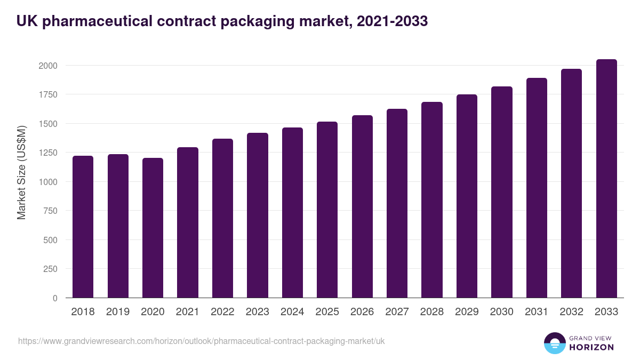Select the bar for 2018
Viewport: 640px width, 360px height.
pyautogui.click(x=83, y=227)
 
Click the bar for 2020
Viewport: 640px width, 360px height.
pyautogui.click(x=153, y=228)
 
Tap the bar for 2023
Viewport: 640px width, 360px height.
pyautogui.click(x=257, y=215)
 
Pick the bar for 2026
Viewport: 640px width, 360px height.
pyautogui.click(x=362, y=206)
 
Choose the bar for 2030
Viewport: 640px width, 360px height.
pyautogui.click(x=502, y=192)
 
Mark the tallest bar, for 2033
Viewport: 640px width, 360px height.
pyautogui.click(x=606, y=179)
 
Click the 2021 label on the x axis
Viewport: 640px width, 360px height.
pyautogui.click(x=187, y=312)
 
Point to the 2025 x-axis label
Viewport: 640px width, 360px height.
pyautogui.click(x=327, y=312)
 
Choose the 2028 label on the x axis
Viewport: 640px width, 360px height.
pyautogui.click(x=431, y=312)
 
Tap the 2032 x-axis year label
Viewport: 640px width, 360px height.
pyautogui.click(x=571, y=312)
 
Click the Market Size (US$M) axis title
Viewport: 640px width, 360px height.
pyautogui.click(x=21, y=172)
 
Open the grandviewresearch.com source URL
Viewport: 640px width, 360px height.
pyautogui.click(x=201, y=341)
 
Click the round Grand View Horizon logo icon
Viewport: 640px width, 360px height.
pyautogui.click(x=554, y=343)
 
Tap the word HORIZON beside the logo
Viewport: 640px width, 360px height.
pyautogui.click(x=591, y=347)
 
